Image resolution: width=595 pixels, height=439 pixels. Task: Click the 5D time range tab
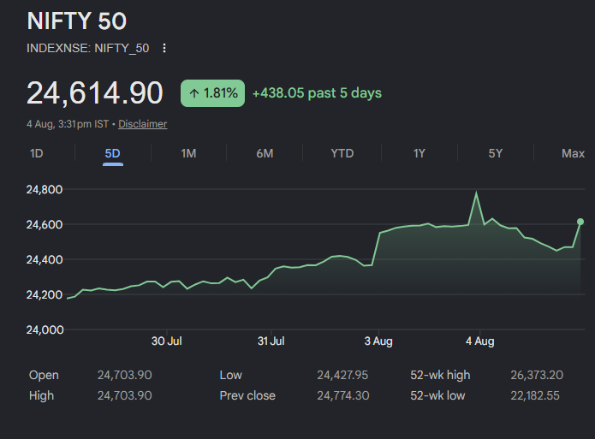tap(113, 154)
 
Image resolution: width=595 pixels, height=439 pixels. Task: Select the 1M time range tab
tap(188, 154)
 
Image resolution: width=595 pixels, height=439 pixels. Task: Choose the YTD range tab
tap(342, 154)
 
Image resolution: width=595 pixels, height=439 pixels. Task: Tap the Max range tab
tap(573, 154)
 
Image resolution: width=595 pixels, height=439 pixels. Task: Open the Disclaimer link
tap(143, 124)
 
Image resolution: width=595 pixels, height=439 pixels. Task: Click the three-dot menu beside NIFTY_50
tap(164, 48)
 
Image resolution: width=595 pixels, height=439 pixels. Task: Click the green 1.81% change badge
tap(212, 93)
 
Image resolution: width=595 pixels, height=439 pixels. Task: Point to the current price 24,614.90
tap(95, 93)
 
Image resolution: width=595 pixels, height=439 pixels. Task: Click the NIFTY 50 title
tap(77, 21)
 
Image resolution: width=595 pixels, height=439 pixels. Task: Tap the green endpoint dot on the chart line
tap(580, 222)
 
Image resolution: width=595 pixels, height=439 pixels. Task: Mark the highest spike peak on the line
tap(476, 193)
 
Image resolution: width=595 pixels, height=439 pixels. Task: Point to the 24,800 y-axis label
tap(45, 189)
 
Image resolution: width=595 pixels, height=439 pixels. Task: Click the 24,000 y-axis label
tap(45, 329)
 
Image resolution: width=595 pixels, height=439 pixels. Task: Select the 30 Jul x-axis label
tap(167, 341)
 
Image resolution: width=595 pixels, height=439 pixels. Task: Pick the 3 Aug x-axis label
tap(378, 341)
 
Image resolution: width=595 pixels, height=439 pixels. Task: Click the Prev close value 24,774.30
tap(343, 395)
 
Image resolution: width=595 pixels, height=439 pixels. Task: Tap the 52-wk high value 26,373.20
tap(537, 376)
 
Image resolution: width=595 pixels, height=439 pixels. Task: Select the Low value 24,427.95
tap(342, 376)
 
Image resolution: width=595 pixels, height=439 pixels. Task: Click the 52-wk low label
tap(437, 395)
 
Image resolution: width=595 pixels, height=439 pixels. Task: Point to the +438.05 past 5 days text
tap(318, 93)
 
